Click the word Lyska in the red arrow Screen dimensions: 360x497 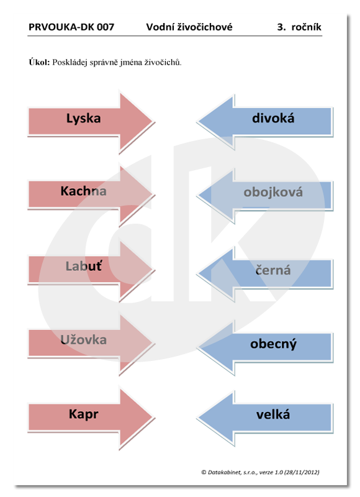click(84, 119)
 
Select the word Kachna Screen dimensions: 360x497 click(83, 191)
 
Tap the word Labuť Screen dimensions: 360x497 click(84, 266)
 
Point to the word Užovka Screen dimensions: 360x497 click(83, 339)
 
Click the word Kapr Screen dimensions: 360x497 click(84, 414)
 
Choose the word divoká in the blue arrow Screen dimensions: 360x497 click(273, 118)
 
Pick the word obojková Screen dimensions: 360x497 click(273, 192)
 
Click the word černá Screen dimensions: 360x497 click(273, 270)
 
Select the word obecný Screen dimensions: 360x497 click(273, 344)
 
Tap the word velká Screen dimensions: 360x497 click(273, 414)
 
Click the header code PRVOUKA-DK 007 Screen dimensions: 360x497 click(71, 27)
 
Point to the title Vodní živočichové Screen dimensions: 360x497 click(189, 27)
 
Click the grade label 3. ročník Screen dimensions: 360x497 click(299, 27)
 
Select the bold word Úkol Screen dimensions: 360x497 click(39, 62)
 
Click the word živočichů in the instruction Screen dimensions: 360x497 click(163, 62)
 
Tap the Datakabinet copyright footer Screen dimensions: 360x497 click(260, 472)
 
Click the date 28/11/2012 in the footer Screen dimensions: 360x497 click(302, 472)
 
